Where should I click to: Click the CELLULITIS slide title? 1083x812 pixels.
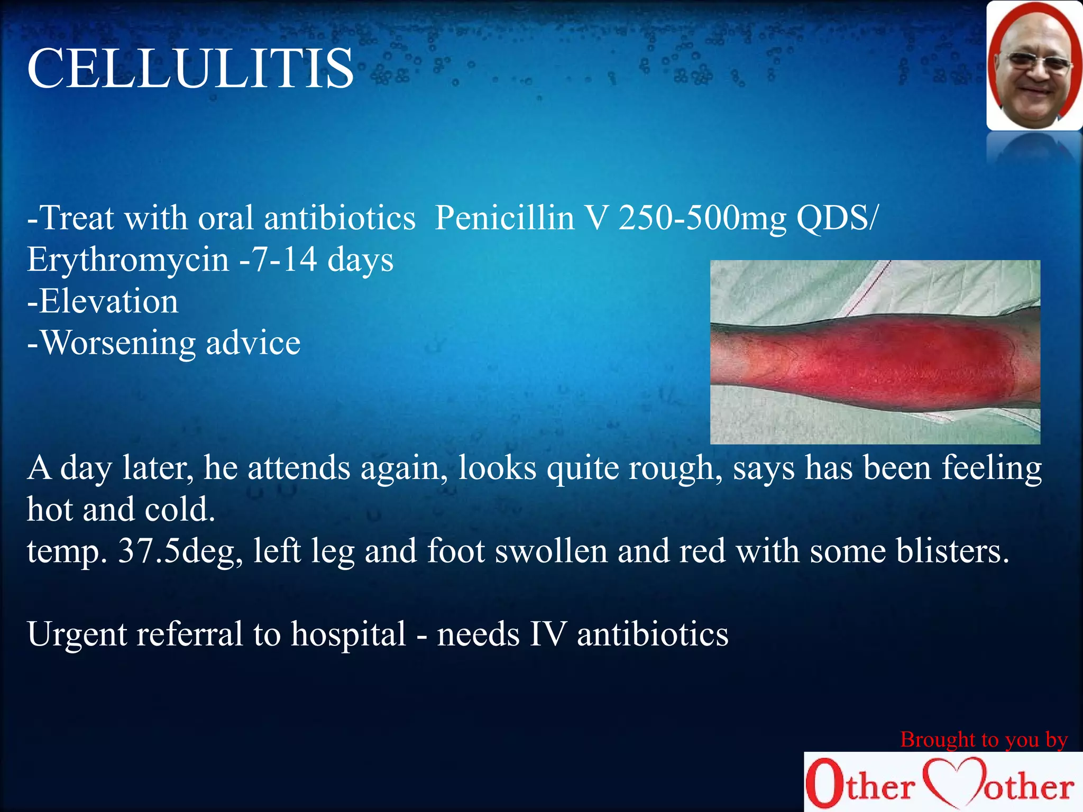pyautogui.click(x=190, y=69)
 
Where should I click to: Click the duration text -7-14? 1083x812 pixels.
pyautogui.click(x=278, y=260)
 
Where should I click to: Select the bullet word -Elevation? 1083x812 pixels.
pyautogui.click(x=103, y=301)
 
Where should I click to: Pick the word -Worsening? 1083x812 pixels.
pyautogui.click(x=111, y=344)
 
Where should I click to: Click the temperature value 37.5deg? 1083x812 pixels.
pyautogui.click(x=180, y=551)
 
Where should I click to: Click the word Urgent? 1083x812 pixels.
pyautogui.click(x=77, y=634)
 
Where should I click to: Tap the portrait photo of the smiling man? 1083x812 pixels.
pyautogui.click(x=1034, y=66)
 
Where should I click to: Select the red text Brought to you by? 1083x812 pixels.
pyautogui.click(x=984, y=740)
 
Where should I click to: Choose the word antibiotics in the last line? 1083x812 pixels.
pyautogui.click(x=653, y=634)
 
